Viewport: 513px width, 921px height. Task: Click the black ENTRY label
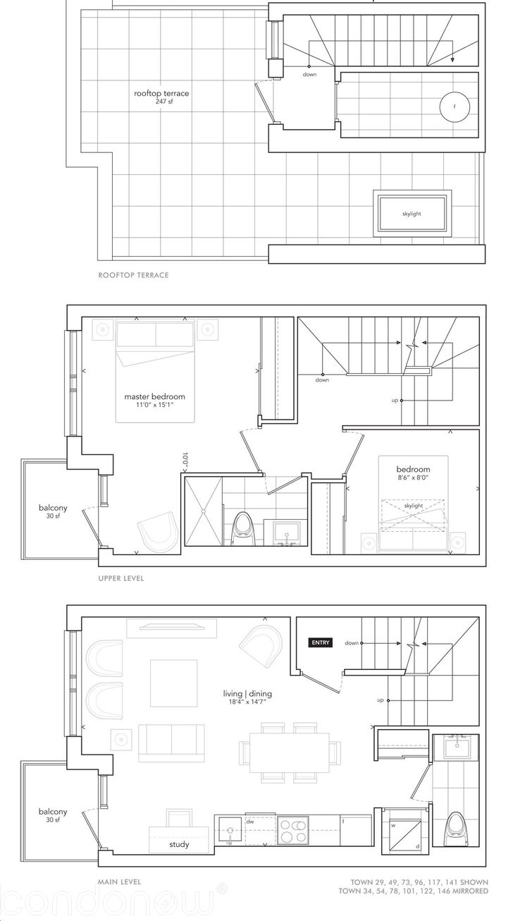coord(321,642)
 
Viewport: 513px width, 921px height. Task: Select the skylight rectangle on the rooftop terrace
coord(412,214)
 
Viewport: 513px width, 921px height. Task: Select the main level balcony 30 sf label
coord(53,816)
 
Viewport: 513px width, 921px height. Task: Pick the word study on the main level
coord(179,844)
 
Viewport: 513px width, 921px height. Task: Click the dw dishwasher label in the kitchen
coord(250,822)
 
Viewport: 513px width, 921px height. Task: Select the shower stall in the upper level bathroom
coord(203,511)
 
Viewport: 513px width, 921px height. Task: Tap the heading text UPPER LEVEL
coord(121,578)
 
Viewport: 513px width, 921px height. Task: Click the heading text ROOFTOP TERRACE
coord(133,275)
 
